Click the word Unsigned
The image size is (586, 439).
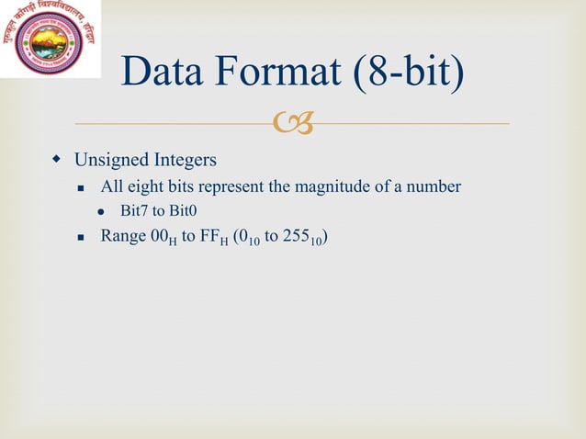click(112, 161)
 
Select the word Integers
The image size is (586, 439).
click(185, 161)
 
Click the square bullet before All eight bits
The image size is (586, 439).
click(81, 187)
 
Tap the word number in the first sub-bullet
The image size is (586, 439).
click(434, 187)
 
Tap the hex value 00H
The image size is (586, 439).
click(163, 237)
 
